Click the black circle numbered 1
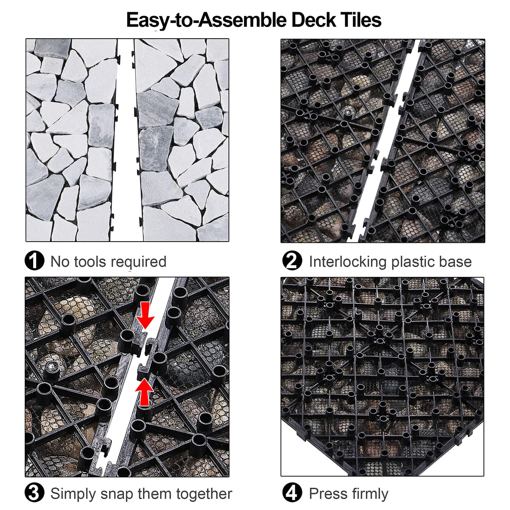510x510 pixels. point(34,261)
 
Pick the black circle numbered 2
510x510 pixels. point(292,261)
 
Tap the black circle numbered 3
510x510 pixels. point(34,493)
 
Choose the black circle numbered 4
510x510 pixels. point(292,493)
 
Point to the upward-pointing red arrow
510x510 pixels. point(144,392)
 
